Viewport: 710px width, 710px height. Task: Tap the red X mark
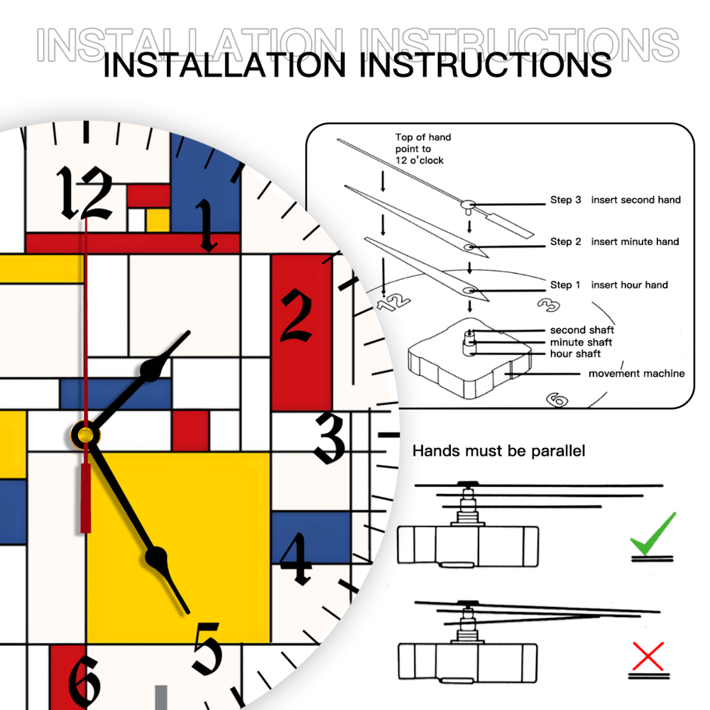pos(648,656)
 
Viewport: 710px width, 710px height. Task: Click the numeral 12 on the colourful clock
pos(84,193)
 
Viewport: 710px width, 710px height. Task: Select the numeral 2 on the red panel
pos(297,316)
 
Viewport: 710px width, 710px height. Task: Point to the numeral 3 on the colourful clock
pos(330,438)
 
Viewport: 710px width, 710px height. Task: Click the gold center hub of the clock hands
pos(84,436)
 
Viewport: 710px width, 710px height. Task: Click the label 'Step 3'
pos(566,200)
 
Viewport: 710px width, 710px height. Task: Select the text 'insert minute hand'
pos(635,242)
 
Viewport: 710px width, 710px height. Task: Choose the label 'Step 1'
pos(565,285)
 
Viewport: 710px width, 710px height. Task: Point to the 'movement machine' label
pos(637,373)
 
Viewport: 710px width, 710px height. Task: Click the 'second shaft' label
pos(582,330)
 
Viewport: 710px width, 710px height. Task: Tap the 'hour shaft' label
pos(575,354)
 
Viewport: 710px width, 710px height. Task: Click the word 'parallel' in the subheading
pos(558,451)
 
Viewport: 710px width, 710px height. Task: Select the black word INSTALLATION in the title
pos(224,65)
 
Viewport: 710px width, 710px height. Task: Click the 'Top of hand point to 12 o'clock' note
pos(423,149)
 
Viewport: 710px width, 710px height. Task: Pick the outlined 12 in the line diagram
pos(394,302)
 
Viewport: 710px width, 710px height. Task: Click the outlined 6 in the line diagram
pos(557,400)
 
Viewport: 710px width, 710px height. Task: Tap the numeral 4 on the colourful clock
pos(296,558)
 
